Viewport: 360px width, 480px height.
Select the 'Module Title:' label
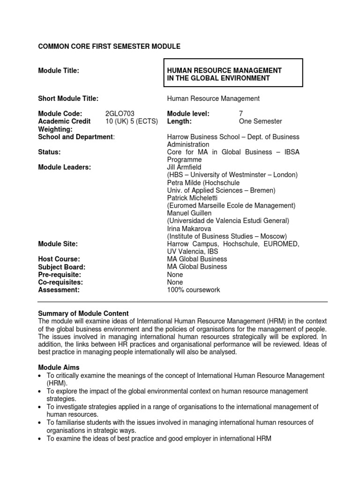point(59,70)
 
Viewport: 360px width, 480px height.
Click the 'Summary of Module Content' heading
point(83,313)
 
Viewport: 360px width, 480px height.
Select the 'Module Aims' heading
point(59,367)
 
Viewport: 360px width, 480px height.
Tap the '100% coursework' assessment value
point(194,290)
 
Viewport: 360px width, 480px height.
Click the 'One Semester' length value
point(261,121)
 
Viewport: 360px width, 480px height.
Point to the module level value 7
point(241,114)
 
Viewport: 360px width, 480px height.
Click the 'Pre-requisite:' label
point(60,274)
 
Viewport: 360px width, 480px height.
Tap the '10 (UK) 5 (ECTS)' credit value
point(132,121)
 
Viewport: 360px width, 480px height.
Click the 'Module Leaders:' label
point(64,167)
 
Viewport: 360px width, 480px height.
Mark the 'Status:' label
point(49,152)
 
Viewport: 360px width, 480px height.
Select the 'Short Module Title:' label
point(68,98)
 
